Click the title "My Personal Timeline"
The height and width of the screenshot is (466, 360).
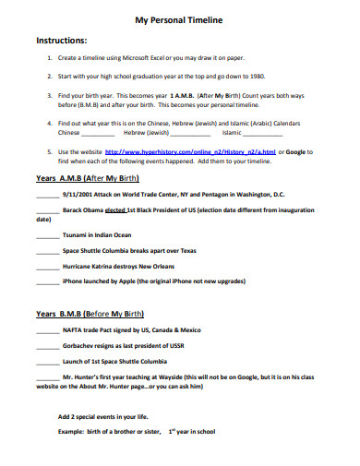(179, 18)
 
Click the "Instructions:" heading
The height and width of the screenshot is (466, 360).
(61, 41)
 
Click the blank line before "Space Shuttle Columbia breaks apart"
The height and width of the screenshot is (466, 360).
(47, 250)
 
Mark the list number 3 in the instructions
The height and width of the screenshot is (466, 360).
(48, 95)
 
